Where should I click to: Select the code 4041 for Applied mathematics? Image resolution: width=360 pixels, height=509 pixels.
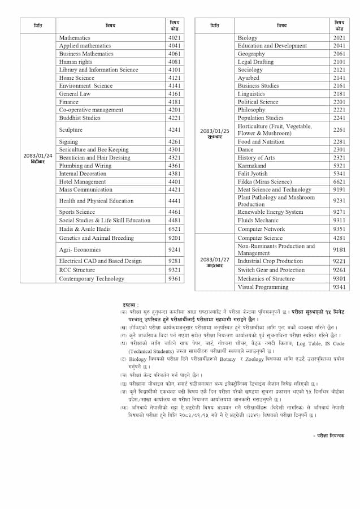pyautogui.click(x=175, y=46)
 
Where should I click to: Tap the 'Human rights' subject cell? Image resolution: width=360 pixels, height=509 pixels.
pyautogui.click(x=76, y=62)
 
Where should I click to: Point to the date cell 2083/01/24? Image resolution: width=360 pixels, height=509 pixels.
pyautogui.click(x=38, y=158)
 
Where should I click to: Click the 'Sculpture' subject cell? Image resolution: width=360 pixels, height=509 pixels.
pyautogui.click(x=71, y=130)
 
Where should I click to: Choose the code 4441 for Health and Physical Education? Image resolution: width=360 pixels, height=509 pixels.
pyautogui.click(x=175, y=201)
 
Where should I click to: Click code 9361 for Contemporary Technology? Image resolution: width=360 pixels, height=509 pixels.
pyautogui.click(x=175, y=279)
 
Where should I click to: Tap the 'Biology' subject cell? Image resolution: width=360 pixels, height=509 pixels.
pyautogui.click(x=248, y=38)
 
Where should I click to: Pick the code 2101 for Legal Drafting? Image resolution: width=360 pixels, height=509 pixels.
pyautogui.click(x=339, y=62)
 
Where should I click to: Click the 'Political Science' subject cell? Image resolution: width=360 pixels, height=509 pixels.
pyautogui.click(x=258, y=102)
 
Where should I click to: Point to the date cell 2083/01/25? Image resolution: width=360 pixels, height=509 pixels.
pyautogui.click(x=214, y=133)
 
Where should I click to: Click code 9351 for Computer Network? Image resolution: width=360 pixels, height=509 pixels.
pyautogui.click(x=339, y=229)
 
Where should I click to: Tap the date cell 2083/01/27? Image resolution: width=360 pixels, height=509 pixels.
pyautogui.click(x=214, y=262)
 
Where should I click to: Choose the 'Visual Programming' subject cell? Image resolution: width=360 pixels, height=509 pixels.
pyautogui.click(x=263, y=287)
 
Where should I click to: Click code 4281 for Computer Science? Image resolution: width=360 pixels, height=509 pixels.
pyautogui.click(x=339, y=238)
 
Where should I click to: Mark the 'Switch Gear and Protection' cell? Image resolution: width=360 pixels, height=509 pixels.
pyautogui.click(x=271, y=270)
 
